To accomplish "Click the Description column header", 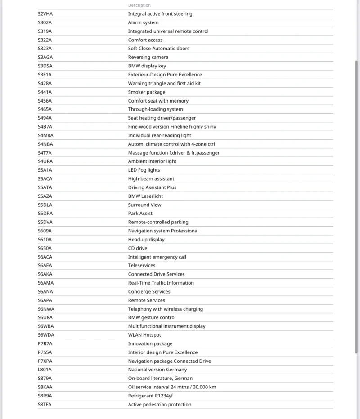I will (139, 5).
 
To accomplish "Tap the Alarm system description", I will (143, 22).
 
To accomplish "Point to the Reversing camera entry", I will (148, 57).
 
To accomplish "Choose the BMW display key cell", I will (147, 66).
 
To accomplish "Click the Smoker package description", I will (146, 92).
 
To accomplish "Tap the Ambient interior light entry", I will (152, 161).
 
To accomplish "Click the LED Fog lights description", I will (144, 170).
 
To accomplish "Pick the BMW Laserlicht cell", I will (145, 196).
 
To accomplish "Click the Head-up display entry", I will (146, 240).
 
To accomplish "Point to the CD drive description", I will (137, 248).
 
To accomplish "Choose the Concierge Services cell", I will (149, 292).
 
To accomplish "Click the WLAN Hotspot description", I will (144, 335).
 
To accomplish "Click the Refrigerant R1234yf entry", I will (150, 396).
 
